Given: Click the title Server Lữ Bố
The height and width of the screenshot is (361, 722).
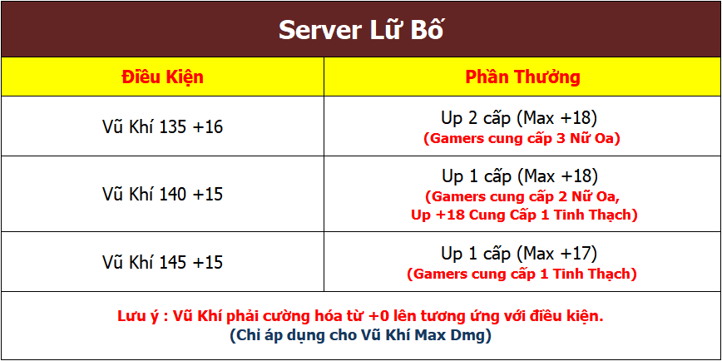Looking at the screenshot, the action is pos(361,30).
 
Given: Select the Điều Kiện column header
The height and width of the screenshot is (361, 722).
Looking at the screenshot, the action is pos(162,77).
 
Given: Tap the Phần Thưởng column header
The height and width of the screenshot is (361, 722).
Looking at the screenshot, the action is pos(522,77).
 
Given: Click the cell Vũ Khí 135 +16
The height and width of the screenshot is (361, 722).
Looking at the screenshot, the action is pos(162,126).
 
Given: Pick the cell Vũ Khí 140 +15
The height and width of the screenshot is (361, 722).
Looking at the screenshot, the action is pos(162,194).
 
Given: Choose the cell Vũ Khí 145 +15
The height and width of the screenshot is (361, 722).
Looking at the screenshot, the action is pos(162,261).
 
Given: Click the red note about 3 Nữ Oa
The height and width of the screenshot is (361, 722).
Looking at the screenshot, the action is pos(522,139).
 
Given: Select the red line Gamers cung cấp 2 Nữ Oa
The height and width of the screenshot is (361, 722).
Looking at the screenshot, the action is pos(522,197).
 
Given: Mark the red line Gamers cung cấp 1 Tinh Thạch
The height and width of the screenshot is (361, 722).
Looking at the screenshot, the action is pos(522,274).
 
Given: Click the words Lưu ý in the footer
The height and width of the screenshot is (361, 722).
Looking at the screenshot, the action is pos(136,317).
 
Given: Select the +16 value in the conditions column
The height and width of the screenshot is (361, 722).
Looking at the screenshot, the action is pos(208,126).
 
